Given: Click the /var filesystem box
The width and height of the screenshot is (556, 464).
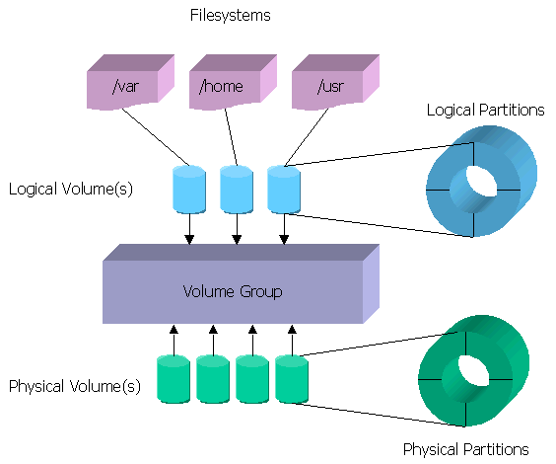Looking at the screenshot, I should click(x=123, y=86).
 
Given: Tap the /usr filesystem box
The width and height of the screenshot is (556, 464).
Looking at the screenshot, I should click(x=328, y=86).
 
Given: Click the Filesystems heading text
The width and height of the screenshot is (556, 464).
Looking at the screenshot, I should click(x=230, y=16).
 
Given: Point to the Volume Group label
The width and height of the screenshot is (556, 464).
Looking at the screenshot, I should click(x=233, y=291).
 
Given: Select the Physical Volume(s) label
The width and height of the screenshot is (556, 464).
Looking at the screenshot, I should click(x=75, y=386).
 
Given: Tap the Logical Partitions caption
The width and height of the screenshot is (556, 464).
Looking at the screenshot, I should click(x=485, y=110).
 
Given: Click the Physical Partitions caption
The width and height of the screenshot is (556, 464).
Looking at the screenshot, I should click(x=466, y=449).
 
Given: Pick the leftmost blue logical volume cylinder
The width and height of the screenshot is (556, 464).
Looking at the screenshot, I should click(x=189, y=190).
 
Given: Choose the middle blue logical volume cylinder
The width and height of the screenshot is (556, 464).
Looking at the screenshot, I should click(x=237, y=190).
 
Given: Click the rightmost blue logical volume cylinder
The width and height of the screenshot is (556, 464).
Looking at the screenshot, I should click(x=284, y=190).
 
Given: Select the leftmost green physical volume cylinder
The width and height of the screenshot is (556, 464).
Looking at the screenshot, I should click(x=174, y=379).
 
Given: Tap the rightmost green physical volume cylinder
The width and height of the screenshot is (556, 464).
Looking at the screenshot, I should click(x=292, y=379).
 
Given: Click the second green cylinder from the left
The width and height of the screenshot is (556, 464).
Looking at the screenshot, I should click(x=213, y=379).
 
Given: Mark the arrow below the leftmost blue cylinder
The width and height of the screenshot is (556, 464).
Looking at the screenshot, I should click(x=190, y=230).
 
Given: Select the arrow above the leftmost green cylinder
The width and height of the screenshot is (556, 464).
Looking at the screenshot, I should click(x=174, y=339).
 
